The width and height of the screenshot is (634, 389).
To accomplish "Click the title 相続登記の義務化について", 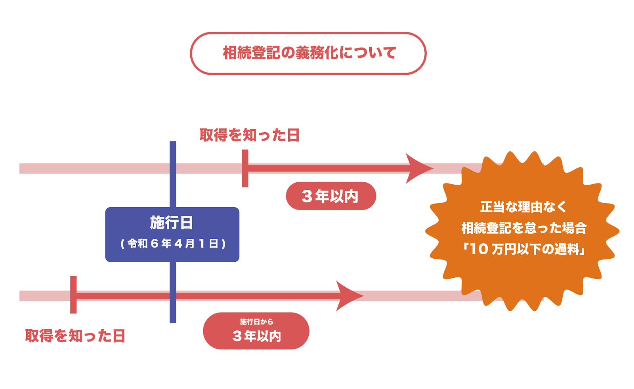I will [309, 53].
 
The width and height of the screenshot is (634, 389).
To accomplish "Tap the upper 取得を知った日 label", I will [249, 135].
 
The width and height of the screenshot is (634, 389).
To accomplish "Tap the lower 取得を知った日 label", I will [75, 336].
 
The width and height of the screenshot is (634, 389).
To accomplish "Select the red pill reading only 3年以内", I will [330, 196].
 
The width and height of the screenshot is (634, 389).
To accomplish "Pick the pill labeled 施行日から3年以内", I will [256, 331].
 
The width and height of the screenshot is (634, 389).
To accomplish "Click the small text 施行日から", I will [256, 322].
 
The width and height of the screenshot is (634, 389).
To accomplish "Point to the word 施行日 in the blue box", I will [172, 223].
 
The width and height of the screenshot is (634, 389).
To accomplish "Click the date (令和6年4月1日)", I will [173, 244].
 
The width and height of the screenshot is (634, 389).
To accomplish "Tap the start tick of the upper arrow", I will [245, 168].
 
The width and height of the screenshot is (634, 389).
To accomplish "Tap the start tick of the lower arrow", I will [73, 295].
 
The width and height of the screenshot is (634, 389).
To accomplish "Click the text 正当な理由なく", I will [523, 207].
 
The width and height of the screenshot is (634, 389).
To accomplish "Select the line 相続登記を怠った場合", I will [523, 228].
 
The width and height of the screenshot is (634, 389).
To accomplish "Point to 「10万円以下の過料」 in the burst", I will [523, 249].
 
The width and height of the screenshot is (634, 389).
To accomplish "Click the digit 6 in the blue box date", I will [155, 244].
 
